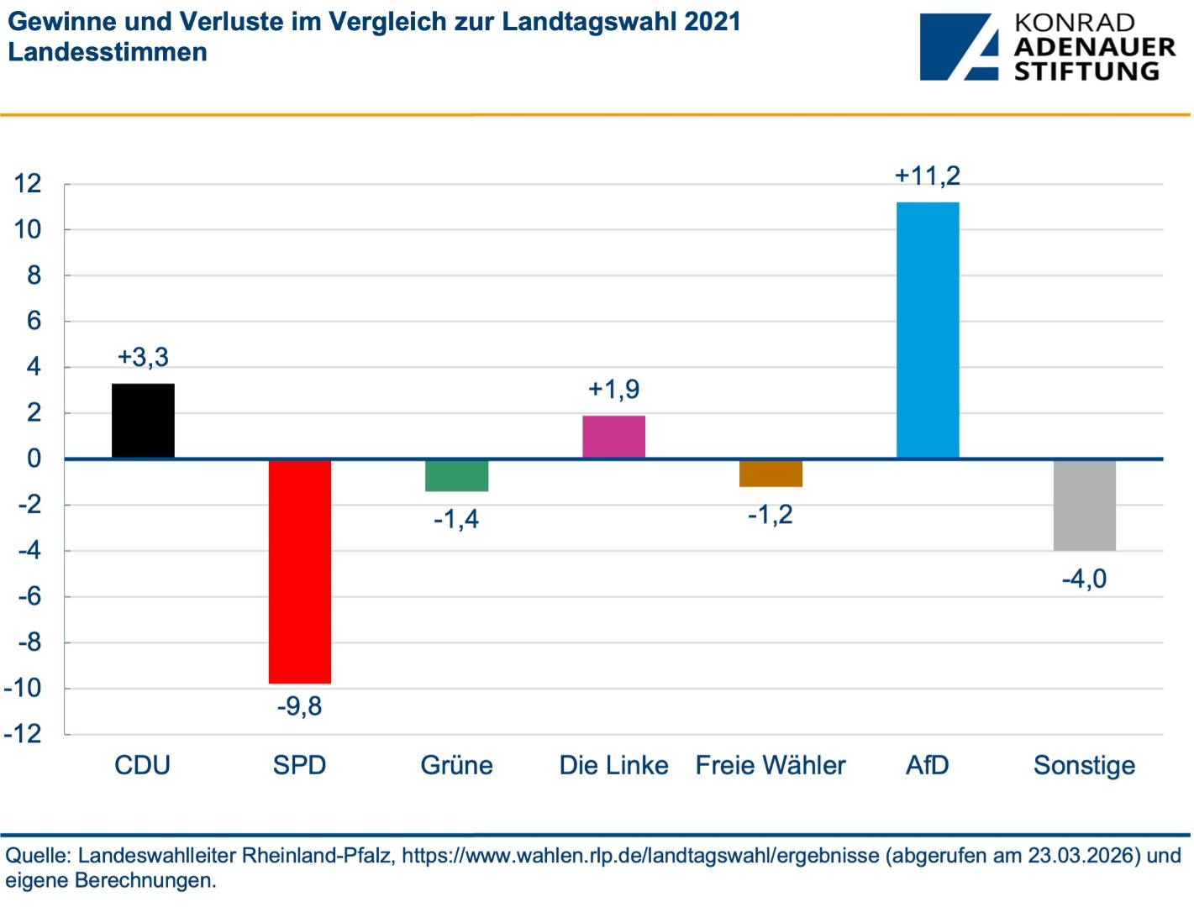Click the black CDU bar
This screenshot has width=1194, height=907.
pyautogui.click(x=143, y=421)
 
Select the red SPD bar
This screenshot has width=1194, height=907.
pyautogui.click(x=300, y=571)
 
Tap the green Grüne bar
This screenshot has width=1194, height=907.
pyautogui.click(x=456, y=475)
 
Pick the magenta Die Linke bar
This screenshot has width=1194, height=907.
pyautogui.click(x=613, y=437)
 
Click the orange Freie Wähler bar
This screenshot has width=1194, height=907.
pyautogui.click(x=771, y=473)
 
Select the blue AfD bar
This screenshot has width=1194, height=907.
pyautogui.click(x=928, y=330)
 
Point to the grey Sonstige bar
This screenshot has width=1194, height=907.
pyautogui.click(x=1084, y=505)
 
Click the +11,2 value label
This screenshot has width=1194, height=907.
pyautogui.click(x=928, y=176)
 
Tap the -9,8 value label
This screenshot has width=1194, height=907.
pyautogui.click(x=300, y=706)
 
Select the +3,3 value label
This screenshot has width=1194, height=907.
pyautogui.click(x=143, y=357)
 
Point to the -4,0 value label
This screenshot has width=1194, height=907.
pyautogui.click(x=1084, y=579)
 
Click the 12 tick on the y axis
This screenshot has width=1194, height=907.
pyautogui.click(x=28, y=183)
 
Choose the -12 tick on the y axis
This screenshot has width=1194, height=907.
pyautogui.click(x=23, y=734)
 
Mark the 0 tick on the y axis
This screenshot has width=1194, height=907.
pyautogui.click(x=34, y=459)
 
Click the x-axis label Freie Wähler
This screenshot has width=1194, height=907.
pyautogui.click(x=771, y=765)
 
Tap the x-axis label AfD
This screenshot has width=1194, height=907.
pyautogui.click(x=928, y=765)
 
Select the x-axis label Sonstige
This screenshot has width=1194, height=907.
pyautogui.click(x=1084, y=765)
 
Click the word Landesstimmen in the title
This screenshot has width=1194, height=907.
pyautogui.click(x=108, y=52)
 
